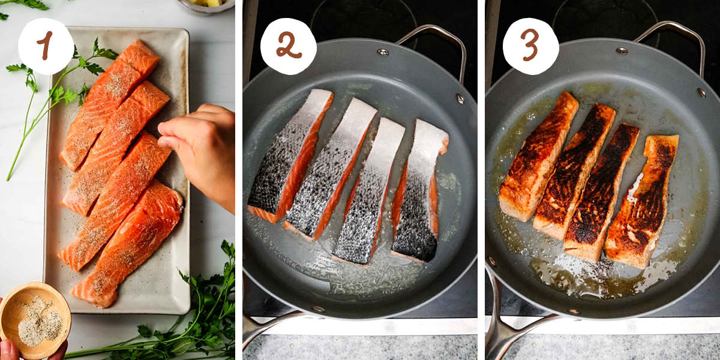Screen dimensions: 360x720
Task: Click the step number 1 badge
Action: pos(46,46)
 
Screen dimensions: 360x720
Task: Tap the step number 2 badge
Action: pos(288,46)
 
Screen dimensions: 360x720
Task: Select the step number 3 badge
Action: pos(530,46)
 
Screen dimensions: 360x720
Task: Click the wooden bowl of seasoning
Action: pos(35,319)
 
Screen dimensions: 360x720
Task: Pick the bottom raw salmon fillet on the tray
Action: pos(129,243)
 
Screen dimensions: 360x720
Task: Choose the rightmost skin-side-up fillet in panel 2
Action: pos(420,192)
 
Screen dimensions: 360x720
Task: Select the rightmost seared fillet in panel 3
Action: pos(642,201)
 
